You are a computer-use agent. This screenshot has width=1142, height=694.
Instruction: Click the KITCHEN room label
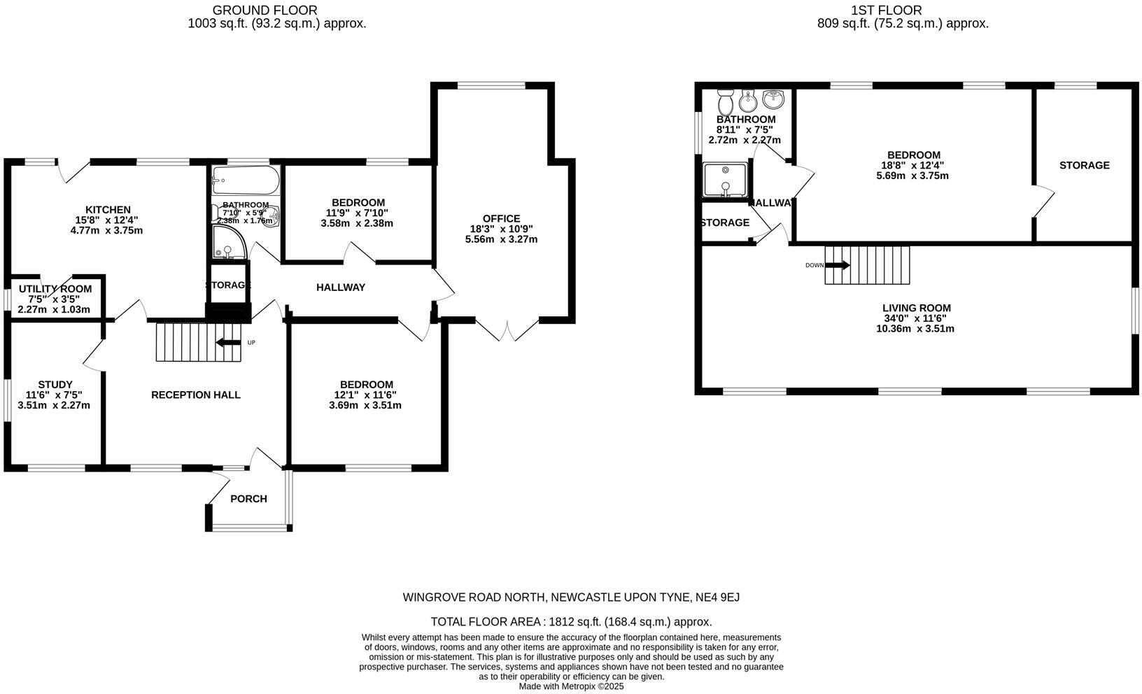tap(108, 210)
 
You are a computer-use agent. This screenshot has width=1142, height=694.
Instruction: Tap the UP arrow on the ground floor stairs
tap(228, 343)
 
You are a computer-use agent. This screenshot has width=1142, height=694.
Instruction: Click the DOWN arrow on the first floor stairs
tap(838, 265)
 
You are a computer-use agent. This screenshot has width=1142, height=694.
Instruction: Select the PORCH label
tap(248, 499)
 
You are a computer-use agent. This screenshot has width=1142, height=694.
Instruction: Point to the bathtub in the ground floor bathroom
tap(246, 180)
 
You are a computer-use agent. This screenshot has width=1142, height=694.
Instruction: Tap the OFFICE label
tap(501, 219)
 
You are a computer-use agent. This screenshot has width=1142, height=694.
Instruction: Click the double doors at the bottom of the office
tap(507, 328)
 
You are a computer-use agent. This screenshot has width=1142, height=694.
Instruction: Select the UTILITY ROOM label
tap(55, 289)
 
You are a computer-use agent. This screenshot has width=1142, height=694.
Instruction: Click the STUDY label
tap(55, 384)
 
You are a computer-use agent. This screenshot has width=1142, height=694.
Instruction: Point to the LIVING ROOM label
tap(916, 308)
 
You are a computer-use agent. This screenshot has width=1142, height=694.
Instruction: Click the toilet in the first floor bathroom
tap(726, 104)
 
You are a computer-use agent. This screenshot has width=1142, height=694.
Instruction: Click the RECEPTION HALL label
tap(196, 395)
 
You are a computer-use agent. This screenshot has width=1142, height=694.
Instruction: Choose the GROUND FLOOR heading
tap(265, 10)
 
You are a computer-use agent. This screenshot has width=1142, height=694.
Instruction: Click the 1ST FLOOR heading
tap(886, 10)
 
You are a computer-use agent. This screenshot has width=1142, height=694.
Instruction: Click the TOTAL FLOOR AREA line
tap(571, 621)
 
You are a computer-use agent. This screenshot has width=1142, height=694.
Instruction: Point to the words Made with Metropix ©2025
tap(571, 686)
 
